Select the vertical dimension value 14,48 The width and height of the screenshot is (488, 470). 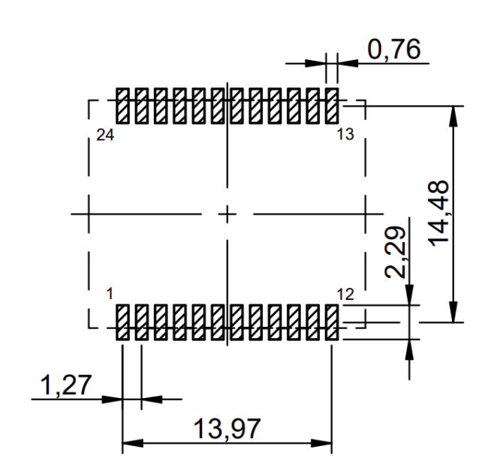(441, 212)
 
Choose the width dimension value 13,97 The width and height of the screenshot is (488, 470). (227, 430)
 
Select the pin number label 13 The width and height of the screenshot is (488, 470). (345, 135)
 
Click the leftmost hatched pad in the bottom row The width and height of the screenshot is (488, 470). (122, 323)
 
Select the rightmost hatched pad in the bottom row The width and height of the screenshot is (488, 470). (332, 323)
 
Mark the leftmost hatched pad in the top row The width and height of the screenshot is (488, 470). (122, 106)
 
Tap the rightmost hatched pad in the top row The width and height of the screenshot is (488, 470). (332, 106)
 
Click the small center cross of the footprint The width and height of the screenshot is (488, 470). (227, 214)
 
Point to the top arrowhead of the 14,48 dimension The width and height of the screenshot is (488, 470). (453, 111)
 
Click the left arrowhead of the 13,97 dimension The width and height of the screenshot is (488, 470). (128, 443)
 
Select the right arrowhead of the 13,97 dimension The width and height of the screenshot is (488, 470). (326, 443)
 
